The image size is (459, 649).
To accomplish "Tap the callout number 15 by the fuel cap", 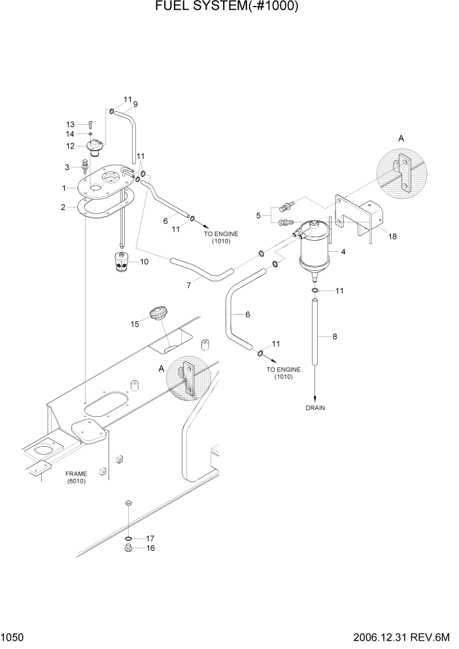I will pos(134,323).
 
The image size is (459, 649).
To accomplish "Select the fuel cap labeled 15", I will pos(156,312).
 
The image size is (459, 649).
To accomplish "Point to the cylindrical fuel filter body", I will pos(317,248).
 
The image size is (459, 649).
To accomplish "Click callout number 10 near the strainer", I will pos(144,262).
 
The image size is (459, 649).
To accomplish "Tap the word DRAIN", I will pos(314,408).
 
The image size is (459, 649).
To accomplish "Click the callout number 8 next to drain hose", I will pos(335,337).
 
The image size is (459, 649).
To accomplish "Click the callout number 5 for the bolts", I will pos(260,214).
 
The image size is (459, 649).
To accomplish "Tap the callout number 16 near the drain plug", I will pos(150,548).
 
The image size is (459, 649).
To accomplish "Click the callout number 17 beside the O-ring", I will pos(150,538).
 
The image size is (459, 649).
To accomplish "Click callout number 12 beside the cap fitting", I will pos(70,145).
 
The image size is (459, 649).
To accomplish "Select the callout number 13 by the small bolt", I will pos(70,124).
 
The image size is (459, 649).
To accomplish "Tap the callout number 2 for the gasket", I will pos(63,207).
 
